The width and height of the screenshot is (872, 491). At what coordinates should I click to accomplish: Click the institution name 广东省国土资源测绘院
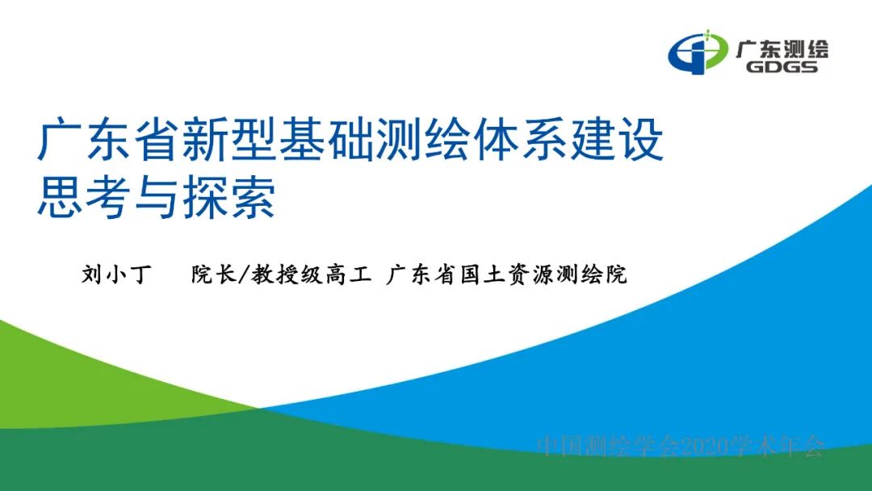pos(506,275)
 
